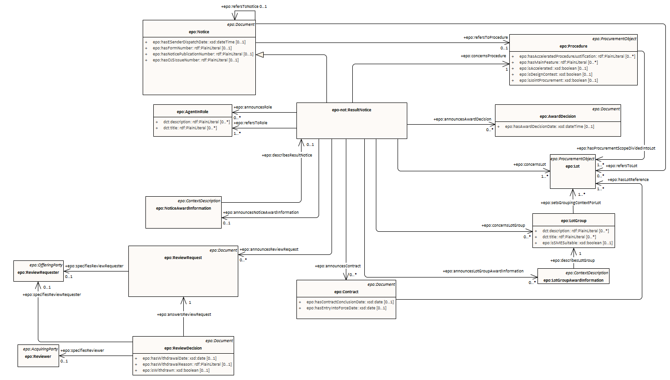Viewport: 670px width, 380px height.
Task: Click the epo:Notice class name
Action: click(199, 31)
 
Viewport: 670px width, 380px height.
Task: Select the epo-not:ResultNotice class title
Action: click(351, 110)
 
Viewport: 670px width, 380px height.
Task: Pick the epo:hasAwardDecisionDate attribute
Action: click(549, 127)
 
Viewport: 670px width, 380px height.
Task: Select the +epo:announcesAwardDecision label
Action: click(462, 119)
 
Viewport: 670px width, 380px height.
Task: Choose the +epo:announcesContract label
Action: click(337, 266)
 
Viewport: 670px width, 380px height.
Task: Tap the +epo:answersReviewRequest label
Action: click(184, 314)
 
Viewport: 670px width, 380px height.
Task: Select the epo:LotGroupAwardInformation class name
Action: click(573, 280)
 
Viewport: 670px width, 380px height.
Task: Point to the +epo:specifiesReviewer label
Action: click(82, 350)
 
